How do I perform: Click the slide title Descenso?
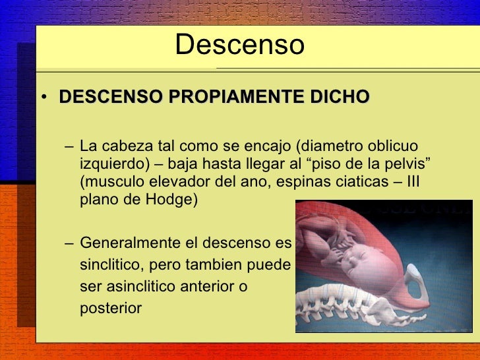pyautogui.click(x=240, y=45)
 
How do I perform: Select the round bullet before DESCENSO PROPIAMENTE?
pyautogui.click(x=43, y=99)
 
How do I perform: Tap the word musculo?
pyautogui.click(x=111, y=181)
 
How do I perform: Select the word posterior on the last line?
pyautogui.click(x=110, y=308)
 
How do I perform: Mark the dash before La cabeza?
pyautogui.click(x=70, y=146)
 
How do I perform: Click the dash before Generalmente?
pyautogui.click(x=70, y=243)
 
